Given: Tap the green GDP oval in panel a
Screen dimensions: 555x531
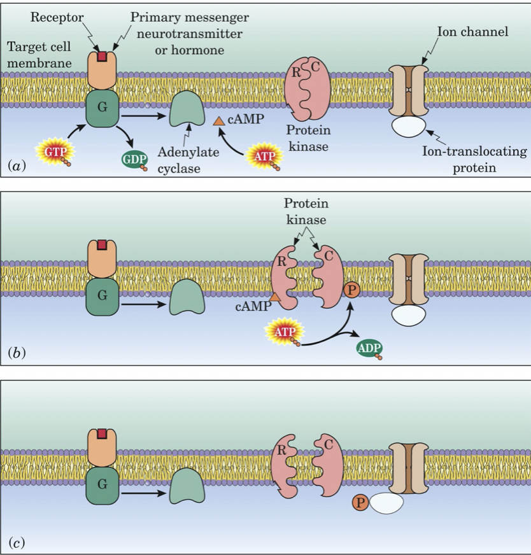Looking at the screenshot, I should (135, 159).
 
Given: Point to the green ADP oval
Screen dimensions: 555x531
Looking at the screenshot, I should (369, 349).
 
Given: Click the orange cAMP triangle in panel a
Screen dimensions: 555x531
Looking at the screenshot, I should (218, 120).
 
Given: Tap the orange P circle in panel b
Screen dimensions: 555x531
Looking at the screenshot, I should (351, 290).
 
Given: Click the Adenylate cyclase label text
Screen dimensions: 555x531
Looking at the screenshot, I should (180, 160).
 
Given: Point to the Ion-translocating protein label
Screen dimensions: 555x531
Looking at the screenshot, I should (474, 158).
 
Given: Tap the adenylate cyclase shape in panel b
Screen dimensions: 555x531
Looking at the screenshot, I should (186, 298).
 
